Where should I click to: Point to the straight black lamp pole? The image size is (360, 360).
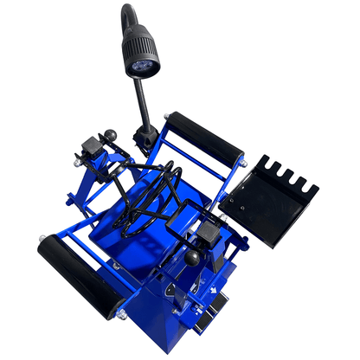(143, 105)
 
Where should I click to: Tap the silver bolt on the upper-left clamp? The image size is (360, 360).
(79, 158)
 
